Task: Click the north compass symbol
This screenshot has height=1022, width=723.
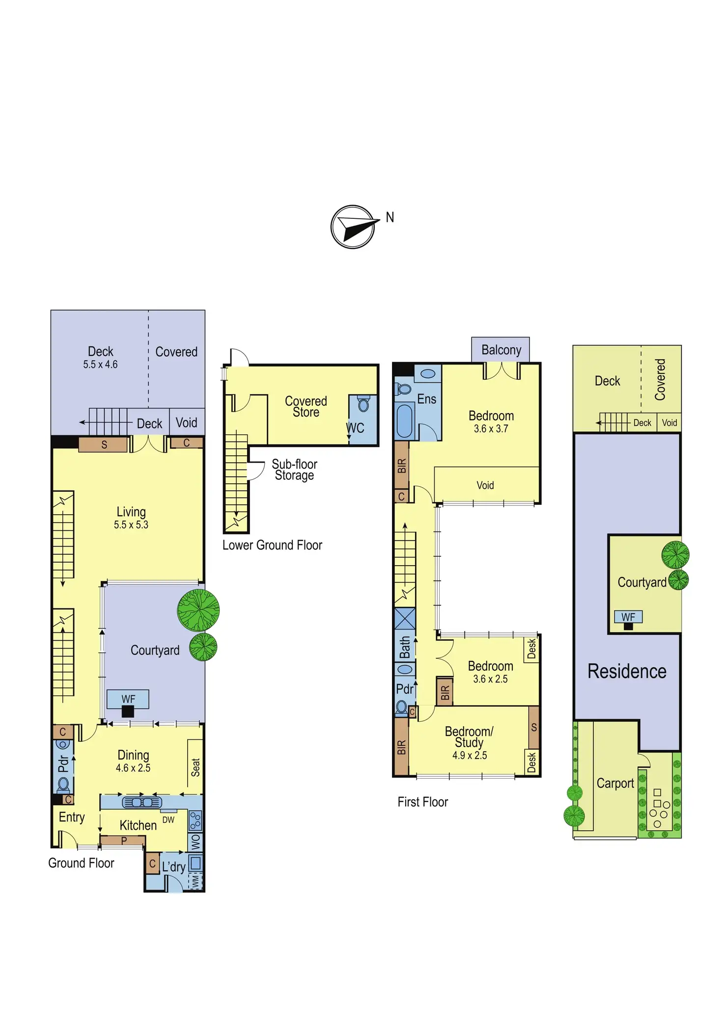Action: [x=353, y=227]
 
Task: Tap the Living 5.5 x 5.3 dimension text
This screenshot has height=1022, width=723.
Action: [x=131, y=525]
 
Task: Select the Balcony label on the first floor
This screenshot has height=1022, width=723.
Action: [x=501, y=350]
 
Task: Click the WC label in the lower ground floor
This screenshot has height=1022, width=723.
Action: [x=356, y=428]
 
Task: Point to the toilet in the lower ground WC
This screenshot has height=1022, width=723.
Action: [x=363, y=404]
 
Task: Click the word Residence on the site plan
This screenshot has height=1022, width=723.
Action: [x=627, y=671]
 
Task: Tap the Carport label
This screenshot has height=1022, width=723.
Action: [x=615, y=783]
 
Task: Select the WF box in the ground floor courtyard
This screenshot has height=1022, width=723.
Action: [x=128, y=699]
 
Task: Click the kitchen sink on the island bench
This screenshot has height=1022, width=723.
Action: [x=142, y=803]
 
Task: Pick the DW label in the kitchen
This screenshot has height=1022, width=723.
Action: [x=168, y=820]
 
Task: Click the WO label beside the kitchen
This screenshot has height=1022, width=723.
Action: [x=195, y=842]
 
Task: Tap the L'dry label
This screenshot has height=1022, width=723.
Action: [x=174, y=867]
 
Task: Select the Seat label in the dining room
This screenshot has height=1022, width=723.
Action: [x=195, y=767]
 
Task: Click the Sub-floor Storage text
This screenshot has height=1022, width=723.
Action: [x=294, y=470]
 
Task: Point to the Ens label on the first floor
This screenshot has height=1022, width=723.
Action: [x=426, y=399]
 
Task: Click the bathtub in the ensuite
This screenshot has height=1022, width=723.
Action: [x=405, y=420]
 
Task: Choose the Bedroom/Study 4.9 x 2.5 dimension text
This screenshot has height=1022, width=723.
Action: [x=470, y=756]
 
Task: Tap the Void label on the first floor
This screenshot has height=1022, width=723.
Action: [x=485, y=485]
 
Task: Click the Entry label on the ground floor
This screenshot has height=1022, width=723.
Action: [x=72, y=817]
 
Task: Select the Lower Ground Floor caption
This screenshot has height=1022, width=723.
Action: [x=272, y=545]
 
